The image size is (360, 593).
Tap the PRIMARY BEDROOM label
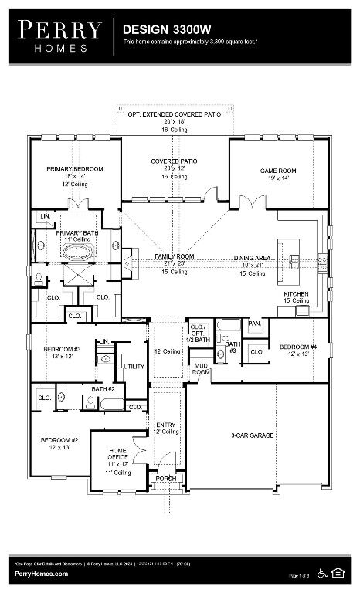coord(74,168)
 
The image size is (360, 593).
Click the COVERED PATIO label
coord(174,161)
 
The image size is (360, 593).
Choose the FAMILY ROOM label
coord(174,256)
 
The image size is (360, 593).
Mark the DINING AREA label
coord(253,258)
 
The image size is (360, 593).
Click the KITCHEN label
coord(296,294)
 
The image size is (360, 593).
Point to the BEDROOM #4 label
coord(298,346)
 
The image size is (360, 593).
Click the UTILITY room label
coord(134,367)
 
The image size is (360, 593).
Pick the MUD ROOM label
coord(202,368)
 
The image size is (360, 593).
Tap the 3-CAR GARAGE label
coord(253,436)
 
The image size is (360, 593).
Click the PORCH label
coord(166,478)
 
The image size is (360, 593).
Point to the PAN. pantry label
coord(254,324)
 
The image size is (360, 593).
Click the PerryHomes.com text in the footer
coord(41,574)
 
